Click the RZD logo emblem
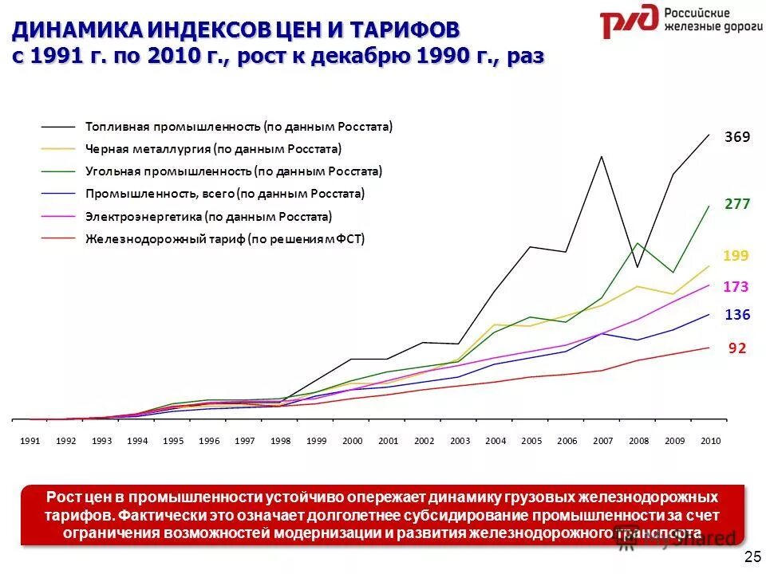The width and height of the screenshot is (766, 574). pos(629,22)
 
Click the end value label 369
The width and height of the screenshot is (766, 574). pos(737,137)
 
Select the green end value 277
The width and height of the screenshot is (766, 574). pos(737,204)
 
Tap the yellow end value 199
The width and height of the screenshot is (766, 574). pos(736,256)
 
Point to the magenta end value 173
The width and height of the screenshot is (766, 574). pos(736,286)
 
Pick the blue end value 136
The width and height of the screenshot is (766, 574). pos(737,315)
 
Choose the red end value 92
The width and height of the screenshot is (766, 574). pos(737,348)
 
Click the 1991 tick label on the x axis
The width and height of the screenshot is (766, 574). pos(30,441)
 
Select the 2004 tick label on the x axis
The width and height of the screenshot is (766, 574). pos(496,441)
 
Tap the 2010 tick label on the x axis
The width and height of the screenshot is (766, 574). pos(710,441)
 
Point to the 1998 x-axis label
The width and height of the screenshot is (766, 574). pos(281,441)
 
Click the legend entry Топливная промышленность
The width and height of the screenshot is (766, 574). pos(239,127)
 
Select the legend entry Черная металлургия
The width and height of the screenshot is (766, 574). pos(213,149)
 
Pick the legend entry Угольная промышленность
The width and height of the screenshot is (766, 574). pos(233,171)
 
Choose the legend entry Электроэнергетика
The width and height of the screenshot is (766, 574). pos(208,216)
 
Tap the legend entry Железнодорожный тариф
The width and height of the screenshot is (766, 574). pos(224,238)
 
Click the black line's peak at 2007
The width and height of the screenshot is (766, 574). pos(602,155)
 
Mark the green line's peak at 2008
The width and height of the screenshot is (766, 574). pos(638,243)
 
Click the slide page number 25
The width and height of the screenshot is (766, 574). pos(752,556)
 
